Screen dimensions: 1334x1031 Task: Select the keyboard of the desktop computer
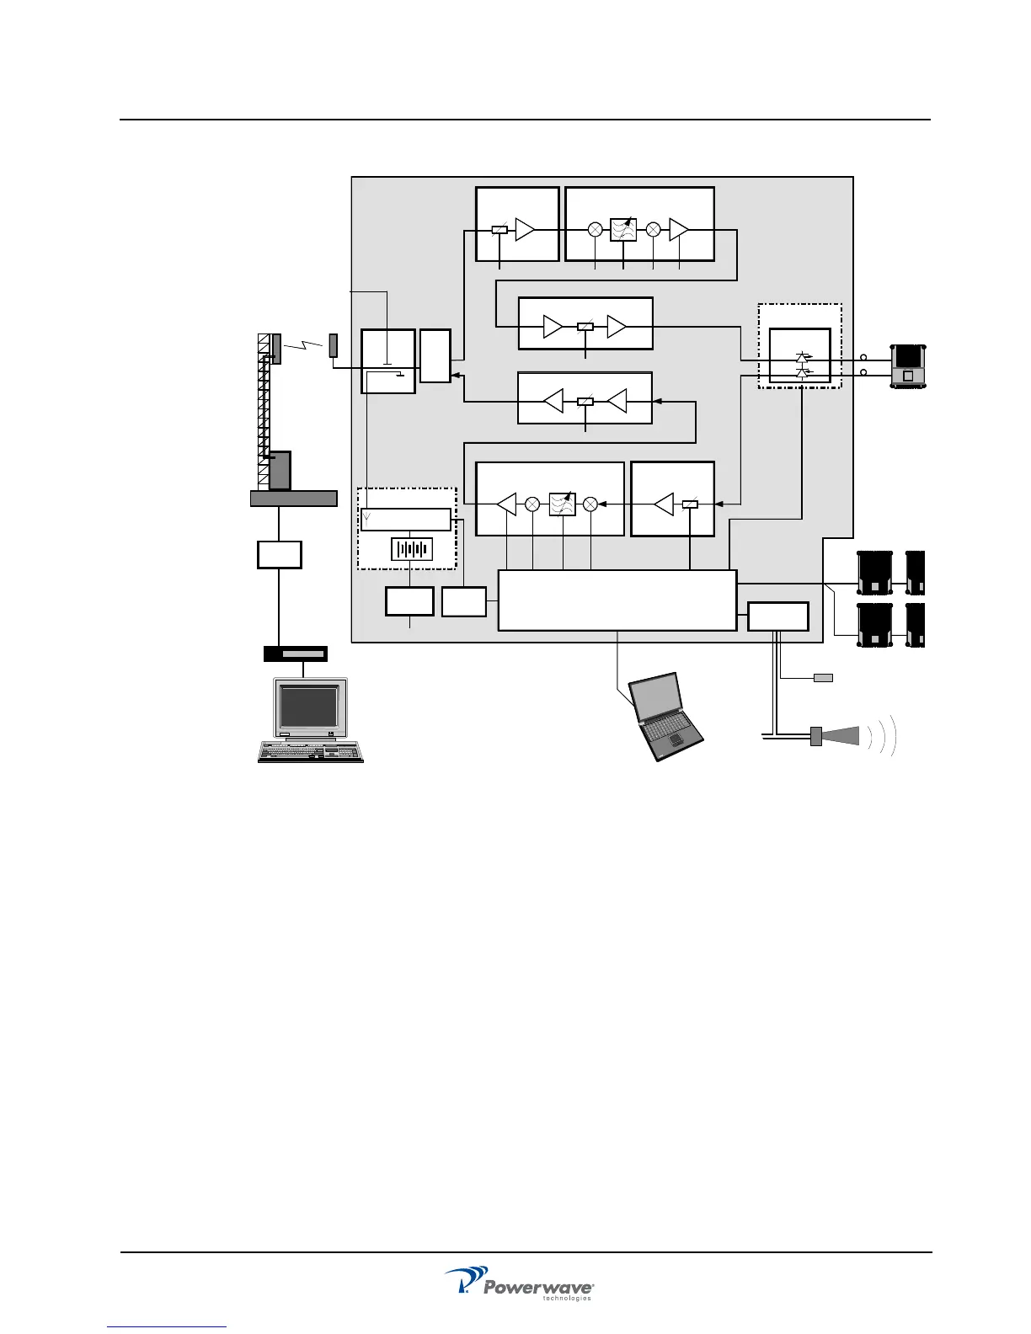point(311,750)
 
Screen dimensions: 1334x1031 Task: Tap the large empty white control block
point(617,600)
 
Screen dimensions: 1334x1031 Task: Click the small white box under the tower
point(279,555)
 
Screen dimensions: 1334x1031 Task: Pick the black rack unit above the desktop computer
point(295,654)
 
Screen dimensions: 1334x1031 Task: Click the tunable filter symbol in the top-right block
point(623,230)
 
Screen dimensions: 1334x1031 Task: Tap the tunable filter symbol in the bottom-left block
point(562,504)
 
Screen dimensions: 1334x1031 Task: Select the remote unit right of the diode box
point(908,366)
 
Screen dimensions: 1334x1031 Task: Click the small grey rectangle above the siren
point(823,678)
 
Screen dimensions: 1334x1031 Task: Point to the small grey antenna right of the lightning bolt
point(333,345)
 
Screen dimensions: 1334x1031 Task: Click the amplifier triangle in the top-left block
point(525,229)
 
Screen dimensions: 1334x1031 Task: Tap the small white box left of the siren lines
point(777,616)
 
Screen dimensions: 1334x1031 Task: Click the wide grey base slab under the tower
point(293,498)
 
